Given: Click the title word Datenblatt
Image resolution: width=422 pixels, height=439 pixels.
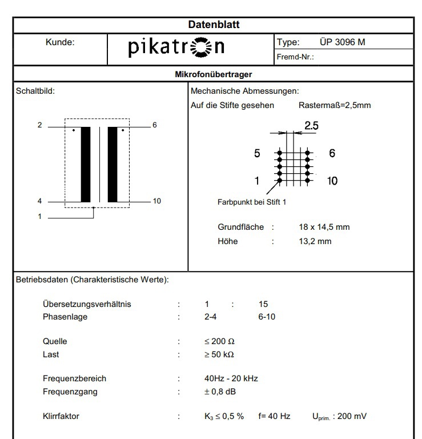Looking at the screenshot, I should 214,25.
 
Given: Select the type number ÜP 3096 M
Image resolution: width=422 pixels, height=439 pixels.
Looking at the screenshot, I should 342,42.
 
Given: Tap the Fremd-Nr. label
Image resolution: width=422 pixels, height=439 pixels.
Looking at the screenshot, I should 295,57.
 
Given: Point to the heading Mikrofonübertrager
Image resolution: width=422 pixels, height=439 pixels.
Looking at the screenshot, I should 214,74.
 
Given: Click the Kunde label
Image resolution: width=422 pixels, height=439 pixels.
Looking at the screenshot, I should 60,42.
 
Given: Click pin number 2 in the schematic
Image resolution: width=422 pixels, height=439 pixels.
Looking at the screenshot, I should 39,125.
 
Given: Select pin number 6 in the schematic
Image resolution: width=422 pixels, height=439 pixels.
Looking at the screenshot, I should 154,125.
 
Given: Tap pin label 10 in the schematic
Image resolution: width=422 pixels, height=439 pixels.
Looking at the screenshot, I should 157,201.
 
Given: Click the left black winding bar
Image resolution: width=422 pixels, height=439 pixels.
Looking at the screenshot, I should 86,164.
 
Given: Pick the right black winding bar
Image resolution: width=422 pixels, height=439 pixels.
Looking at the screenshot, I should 112,164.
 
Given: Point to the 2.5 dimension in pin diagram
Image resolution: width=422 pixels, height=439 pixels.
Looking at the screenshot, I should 311,126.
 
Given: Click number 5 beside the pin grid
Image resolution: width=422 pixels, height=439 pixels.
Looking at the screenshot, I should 257,154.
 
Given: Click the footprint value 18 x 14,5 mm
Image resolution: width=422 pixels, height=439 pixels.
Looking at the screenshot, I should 324,227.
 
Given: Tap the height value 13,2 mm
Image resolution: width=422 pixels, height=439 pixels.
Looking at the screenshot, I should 315,241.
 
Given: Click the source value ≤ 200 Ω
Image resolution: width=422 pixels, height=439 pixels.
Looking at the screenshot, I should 220,341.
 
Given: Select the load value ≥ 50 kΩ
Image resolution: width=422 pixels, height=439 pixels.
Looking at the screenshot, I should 219,354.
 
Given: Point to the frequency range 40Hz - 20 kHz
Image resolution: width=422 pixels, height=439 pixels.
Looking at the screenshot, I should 231,378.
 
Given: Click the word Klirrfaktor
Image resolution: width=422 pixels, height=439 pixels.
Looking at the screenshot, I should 61,416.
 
